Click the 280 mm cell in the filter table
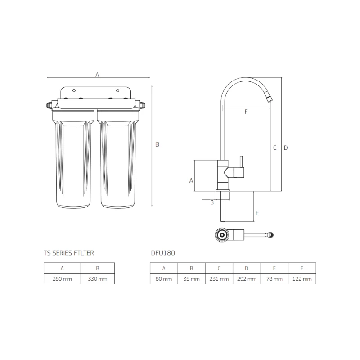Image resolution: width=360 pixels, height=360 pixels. click(62, 279)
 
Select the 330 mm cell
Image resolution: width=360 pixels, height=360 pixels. click(98, 279)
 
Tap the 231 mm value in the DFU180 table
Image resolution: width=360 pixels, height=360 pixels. click(219, 279)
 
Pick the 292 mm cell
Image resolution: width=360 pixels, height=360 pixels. click(247, 279)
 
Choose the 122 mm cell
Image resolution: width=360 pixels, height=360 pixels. click(302, 279)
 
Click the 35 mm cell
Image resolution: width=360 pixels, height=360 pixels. click(191, 279)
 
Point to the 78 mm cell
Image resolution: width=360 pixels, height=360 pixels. click(274, 279)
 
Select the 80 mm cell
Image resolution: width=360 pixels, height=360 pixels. click(164, 279)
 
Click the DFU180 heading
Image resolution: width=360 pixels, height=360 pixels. click(163, 253)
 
